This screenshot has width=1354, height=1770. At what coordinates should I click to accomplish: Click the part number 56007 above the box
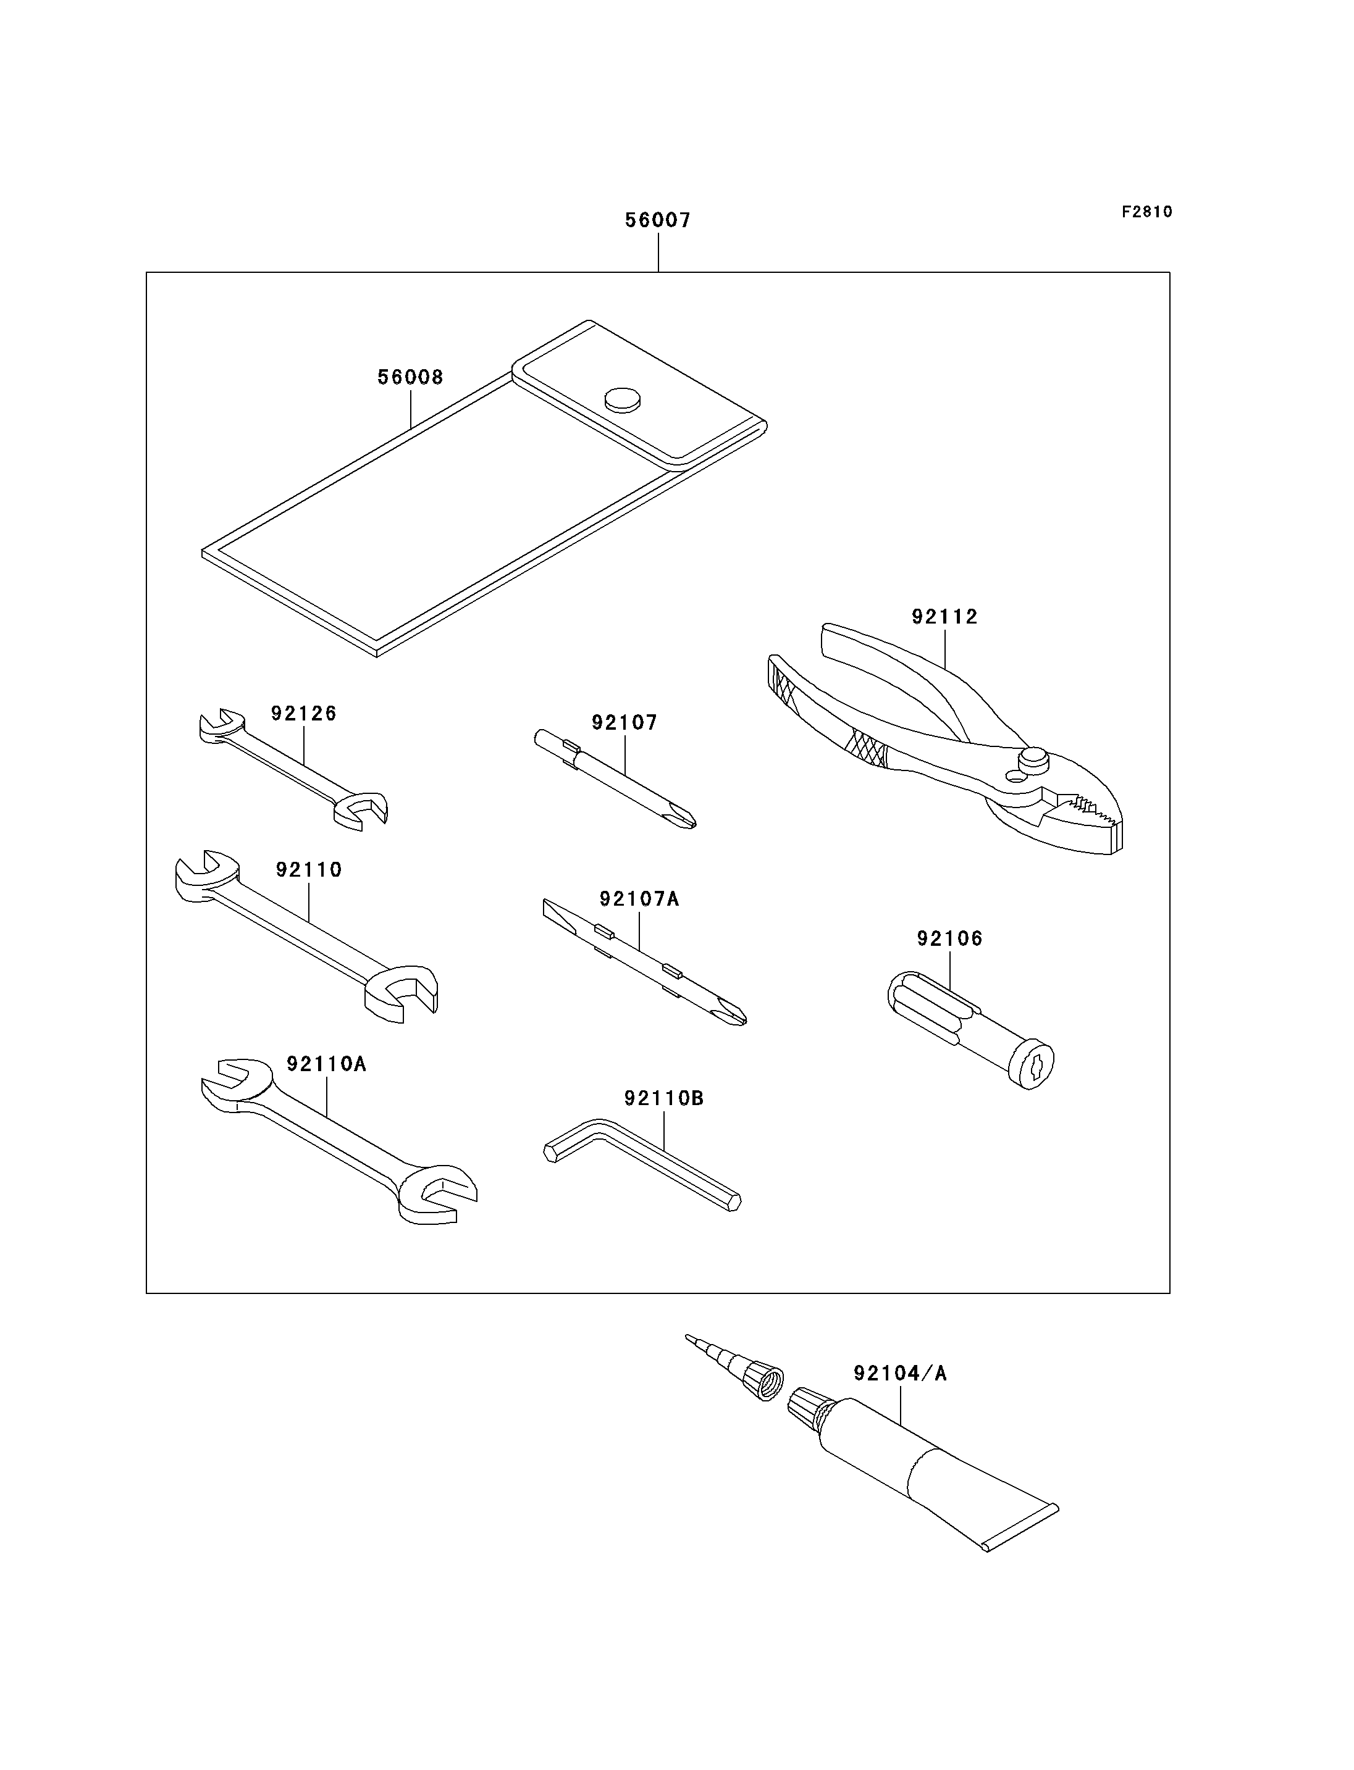pyautogui.click(x=658, y=220)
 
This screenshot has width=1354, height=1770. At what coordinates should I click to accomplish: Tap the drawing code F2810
pyautogui.click(x=1147, y=212)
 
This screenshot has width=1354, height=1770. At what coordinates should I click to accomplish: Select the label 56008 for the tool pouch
pyautogui.click(x=410, y=377)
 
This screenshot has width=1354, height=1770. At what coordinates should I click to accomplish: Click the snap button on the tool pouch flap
pyautogui.click(x=622, y=401)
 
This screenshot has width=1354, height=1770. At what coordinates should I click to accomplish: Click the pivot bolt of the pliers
pyautogui.click(x=1033, y=758)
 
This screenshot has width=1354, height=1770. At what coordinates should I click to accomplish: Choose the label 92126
pyautogui.click(x=304, y=713)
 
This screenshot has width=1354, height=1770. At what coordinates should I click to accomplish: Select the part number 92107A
pyautogui.click(x=639, y=898)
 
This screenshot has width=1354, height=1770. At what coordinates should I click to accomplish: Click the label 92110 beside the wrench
pyautogui.click(x=309, y=869)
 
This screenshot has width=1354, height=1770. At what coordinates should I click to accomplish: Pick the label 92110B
pyautogui.click(x=664, y=1098)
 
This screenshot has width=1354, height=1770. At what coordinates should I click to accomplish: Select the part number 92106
pyautogui.click(x=949, y=938)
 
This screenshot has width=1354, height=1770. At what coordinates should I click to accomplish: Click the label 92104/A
pyautogui.click(x=900, y=1373)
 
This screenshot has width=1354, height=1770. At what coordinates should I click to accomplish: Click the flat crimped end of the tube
pyautogui.click(x=1021, y=1527)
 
